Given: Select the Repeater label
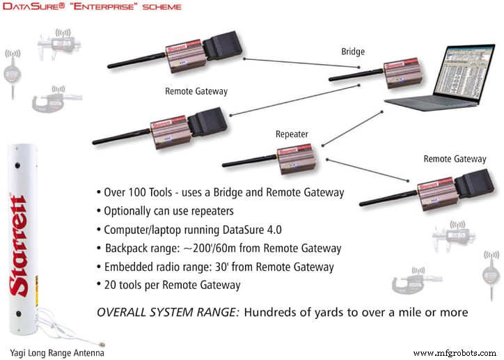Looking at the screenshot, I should coord(291,133).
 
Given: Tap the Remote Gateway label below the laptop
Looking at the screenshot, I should coord(455,159).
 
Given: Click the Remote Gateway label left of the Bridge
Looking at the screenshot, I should coord(196,91).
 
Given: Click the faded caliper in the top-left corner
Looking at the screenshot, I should coord(63,45).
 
